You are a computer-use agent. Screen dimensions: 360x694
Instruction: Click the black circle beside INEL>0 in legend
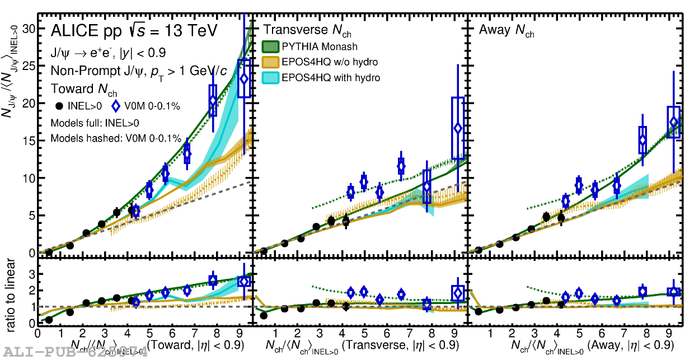tap(59, 106)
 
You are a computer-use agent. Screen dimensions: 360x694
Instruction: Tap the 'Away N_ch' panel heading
tap(507, 31)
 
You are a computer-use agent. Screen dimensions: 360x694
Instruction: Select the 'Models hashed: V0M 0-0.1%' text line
tap(116, 138)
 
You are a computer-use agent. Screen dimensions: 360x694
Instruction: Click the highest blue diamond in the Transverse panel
tap(458, 128)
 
